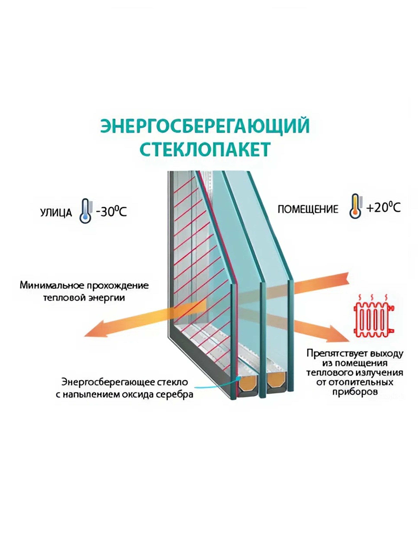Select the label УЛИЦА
(56, 213)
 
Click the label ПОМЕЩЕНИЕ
(308, 209)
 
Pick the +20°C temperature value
(383, 208)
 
